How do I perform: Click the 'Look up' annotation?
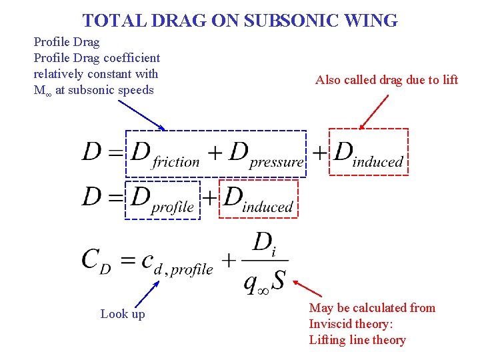pyautogui.click(x=123, y=313)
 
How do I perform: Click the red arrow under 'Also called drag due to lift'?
pyautogui.click(x=374, y=110)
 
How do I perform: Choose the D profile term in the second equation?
pyautogui.click(x=162, y=199)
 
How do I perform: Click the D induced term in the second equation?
pyautogui.click(x=258, y=199)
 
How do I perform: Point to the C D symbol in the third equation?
pyautogui.click(x=96, y=260)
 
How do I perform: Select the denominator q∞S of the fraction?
pyautogui.click(x=264, y=281)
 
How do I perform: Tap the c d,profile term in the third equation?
pyautogui.click(x=177, y=262)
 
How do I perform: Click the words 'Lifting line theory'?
pyautogui.click(x=357, y=340)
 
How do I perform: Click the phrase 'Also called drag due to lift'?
pyautogui.click(x=387, y=80)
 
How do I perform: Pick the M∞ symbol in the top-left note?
pyautogui.click(x=41, y=91)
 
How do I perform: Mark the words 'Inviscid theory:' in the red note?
pyautogui.click(x=351, y=324)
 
